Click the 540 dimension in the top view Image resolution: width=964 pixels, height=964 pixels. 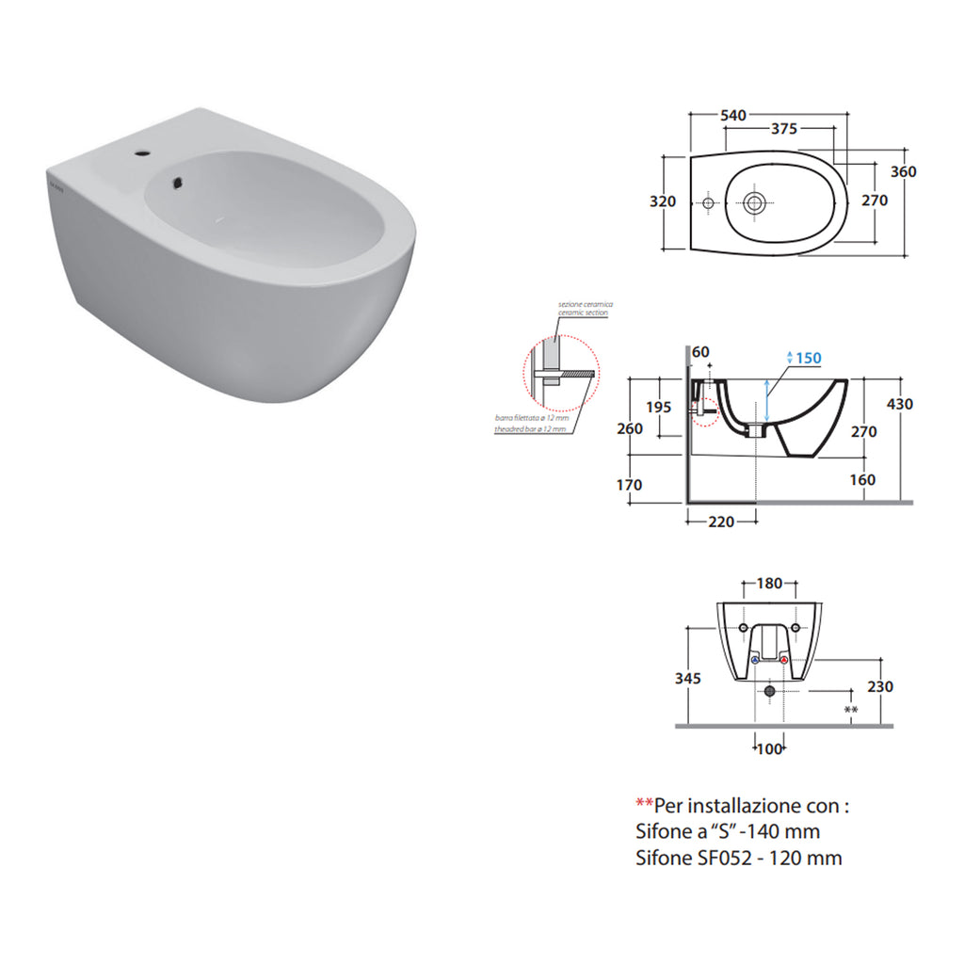point(732,115)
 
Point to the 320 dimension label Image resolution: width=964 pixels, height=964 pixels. point(663,201)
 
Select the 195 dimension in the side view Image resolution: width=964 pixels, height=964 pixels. point(659,408)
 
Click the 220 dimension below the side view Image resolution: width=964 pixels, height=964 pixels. point(720,522)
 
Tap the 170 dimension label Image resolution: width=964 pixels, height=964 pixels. point(629,485)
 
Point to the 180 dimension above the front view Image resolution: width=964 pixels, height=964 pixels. point(770,584)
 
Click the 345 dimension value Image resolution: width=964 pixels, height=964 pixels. point(688,679)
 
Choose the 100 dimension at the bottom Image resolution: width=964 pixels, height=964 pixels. point(770,748)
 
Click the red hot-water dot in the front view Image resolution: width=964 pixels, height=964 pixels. point(784,661)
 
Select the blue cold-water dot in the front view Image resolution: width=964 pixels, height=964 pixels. point(756,661)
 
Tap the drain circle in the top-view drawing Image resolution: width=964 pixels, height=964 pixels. point(753,201)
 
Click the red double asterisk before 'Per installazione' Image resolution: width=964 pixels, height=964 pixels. point(645,806)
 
